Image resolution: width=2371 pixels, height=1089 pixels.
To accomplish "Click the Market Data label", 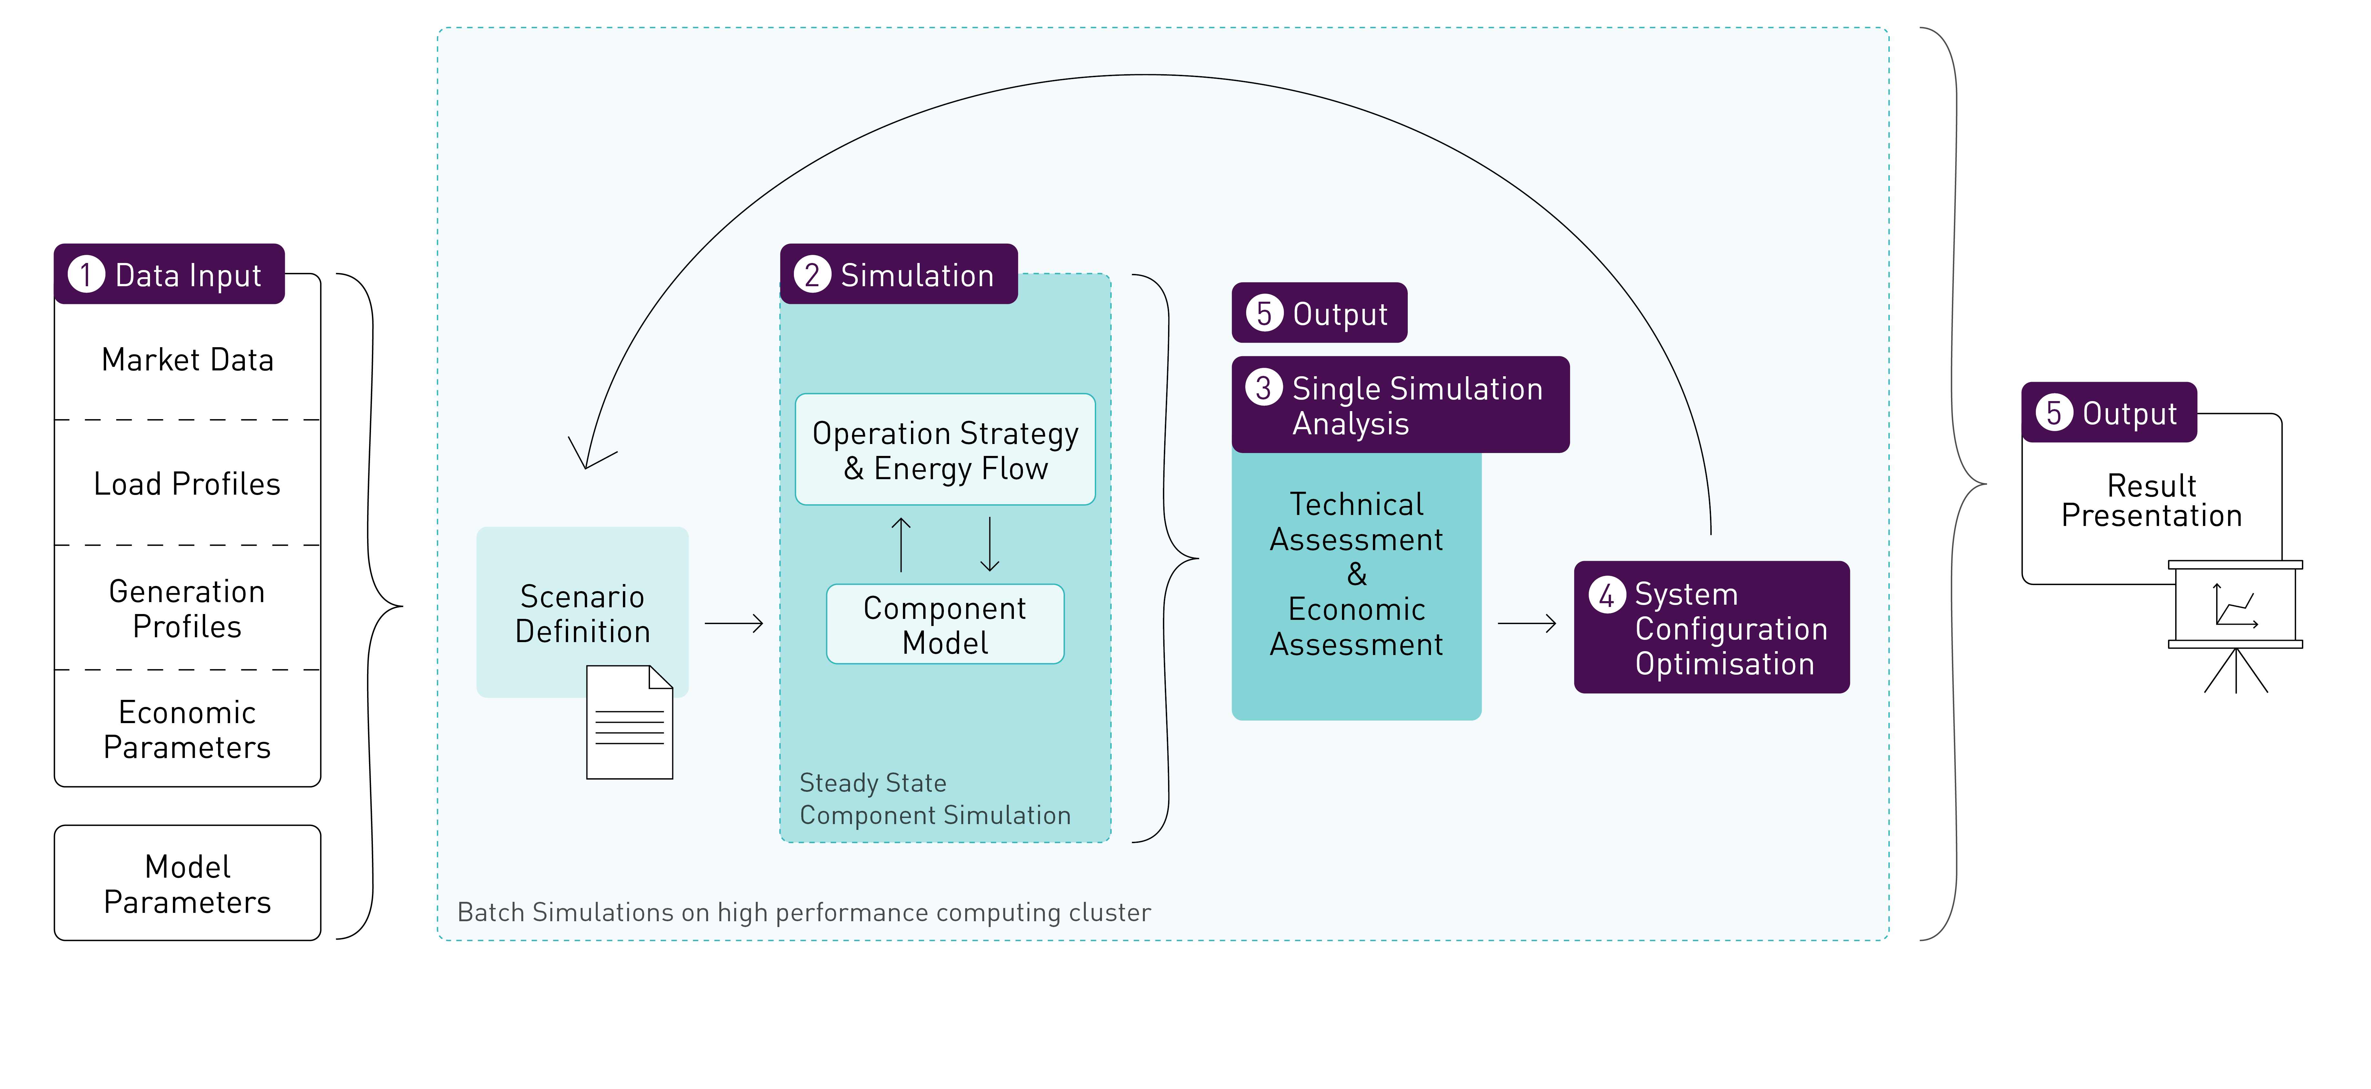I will point(188,360).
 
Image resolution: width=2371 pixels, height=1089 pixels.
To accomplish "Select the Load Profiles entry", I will point(188,484).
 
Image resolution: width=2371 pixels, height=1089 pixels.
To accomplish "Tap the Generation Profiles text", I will point(188,609).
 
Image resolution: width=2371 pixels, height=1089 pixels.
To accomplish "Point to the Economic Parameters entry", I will point(188,730).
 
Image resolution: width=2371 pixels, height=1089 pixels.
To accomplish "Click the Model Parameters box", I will point(188,884).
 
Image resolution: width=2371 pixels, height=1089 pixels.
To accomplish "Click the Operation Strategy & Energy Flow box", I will point(945,450).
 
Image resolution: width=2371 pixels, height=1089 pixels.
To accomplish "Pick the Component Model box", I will point(945,625).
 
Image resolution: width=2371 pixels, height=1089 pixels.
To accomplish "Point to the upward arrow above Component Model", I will point(901,544).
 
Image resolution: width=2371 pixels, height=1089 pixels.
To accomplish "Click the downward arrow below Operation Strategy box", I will point(989,544).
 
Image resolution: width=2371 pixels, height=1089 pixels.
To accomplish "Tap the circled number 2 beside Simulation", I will point(812,274).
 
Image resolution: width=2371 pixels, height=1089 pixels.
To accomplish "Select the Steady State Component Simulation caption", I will point(934,799).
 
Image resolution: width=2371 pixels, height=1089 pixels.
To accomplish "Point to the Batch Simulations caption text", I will point(804,912).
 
